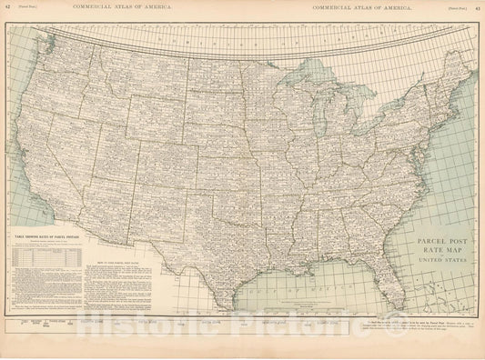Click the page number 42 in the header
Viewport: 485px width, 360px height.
8,7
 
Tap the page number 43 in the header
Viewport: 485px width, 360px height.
477,7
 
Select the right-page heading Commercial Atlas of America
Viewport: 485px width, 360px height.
357,7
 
